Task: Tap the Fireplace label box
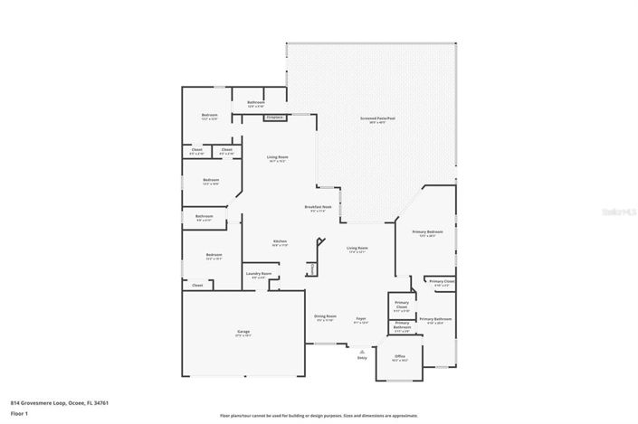[x=275, y=117]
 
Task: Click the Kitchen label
[x=281, y=242]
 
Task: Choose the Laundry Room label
[x=259, y=275]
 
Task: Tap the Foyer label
[x=360, y=319]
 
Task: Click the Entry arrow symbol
[x=362, y=350]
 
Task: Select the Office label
[x=400, y=357]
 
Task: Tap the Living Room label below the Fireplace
[x=277, y=159]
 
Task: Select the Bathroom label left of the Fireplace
[x=255, y=104]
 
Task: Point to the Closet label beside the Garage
[x=197, y=285]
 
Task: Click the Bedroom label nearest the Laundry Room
[x=214, y=256]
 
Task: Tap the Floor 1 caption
[x=20, y=413]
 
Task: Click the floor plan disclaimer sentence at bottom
[x=318, y=416]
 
